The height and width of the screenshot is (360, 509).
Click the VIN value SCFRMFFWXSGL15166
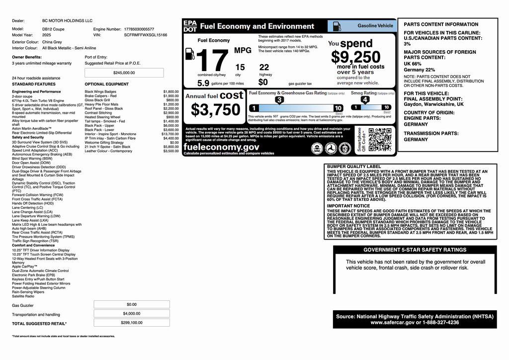coord(145,35)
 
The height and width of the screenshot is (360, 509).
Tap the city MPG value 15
coord(240,67)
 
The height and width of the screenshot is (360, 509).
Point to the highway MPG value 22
coord(264,67)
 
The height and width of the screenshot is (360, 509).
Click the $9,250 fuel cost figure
coord(356,57)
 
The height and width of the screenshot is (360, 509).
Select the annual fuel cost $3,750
coord(216,110)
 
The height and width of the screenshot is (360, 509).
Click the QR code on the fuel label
coord(380,140)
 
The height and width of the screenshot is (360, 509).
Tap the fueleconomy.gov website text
coord(222,147)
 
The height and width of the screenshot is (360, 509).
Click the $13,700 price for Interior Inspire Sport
coord(170,134)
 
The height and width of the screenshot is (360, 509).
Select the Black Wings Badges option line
coord(100,91)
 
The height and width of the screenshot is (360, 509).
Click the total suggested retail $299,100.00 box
coord(132,323)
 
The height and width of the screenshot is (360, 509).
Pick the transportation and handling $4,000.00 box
coord(132,314)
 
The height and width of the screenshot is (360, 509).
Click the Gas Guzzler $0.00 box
coord(132,304)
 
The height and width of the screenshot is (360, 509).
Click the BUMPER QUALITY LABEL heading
coord(354,167)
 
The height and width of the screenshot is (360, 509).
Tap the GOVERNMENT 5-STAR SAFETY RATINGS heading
coord(415,250)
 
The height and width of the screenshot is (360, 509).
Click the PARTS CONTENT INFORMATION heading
coord(434,24)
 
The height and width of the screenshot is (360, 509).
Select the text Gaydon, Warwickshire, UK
coord(433,105)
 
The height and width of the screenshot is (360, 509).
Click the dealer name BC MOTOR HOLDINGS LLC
coord(67,21)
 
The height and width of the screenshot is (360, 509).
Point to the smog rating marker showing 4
coord(365,99)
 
